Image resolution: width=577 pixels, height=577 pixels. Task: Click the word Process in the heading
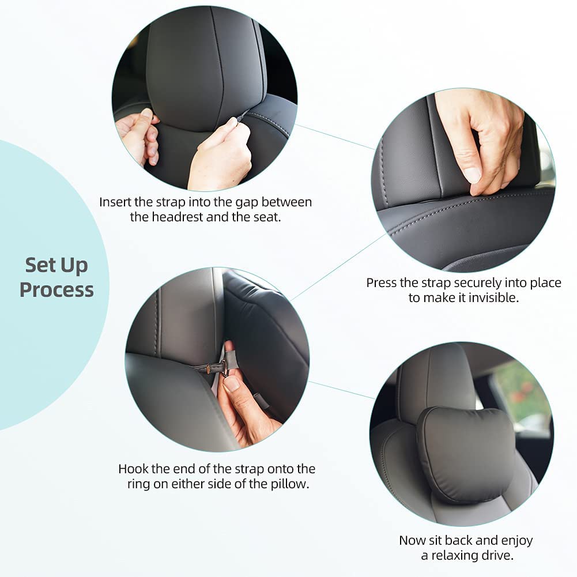[x=56, y=290]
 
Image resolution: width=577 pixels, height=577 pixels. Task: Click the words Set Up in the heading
[x=56, y=265]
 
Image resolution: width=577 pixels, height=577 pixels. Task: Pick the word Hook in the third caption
[x=133, y=469]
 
